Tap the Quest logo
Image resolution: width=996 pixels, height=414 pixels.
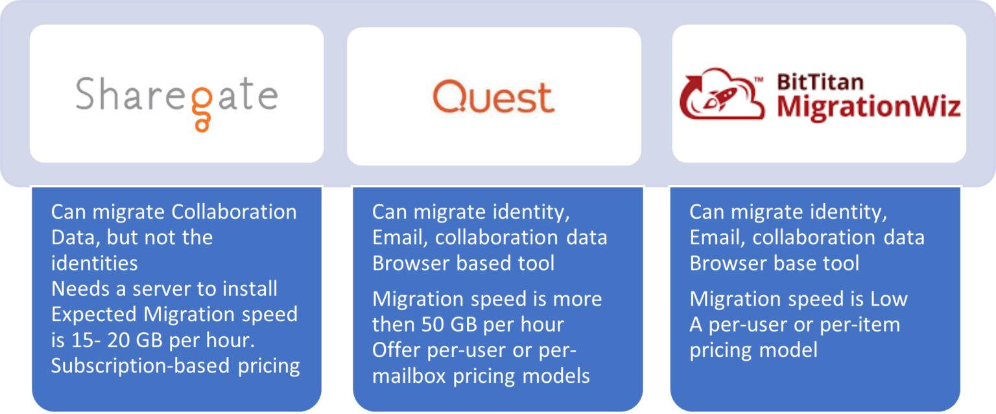click(x=493, y=97)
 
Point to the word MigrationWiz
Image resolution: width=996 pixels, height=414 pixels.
click(x=868, y=106)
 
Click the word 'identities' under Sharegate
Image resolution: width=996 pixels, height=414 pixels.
click(x=94, y=263)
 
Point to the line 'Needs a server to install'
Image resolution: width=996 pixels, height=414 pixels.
click(x=164, y=288)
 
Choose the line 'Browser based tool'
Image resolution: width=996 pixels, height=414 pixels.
click(x=463, y=263)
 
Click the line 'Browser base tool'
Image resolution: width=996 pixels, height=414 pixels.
click(x=774, y=263)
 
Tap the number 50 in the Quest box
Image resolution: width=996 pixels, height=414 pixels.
click(x=434, y=324)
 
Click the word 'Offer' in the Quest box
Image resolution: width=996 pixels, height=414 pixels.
click(x=395, y=350)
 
